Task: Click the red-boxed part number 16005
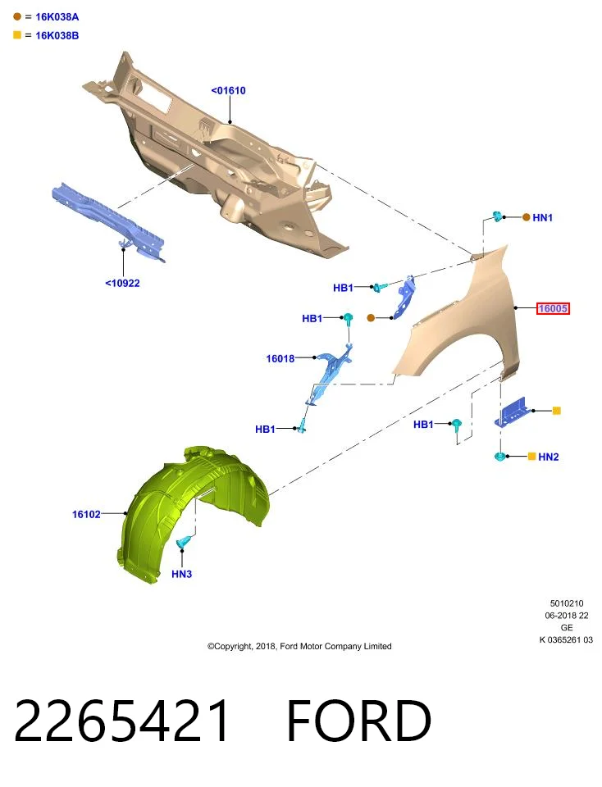coord(553,308)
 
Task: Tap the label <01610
coord(229,90)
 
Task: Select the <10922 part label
coord(122,283)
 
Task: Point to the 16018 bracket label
coord(280,358)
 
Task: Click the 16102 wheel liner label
coord(86,514)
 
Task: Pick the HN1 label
coord(542,217)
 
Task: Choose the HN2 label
coord(548,457)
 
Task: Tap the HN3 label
coord(182,574)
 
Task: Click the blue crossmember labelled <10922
coord(108,221)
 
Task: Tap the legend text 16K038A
coord(57,16)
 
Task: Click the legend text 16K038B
coord(57,35)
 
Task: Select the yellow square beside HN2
coord(531,457)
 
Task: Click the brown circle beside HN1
coord(526,217)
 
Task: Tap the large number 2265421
coord(122,721)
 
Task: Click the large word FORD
coord(358,721)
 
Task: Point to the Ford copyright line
coord(299,646)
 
